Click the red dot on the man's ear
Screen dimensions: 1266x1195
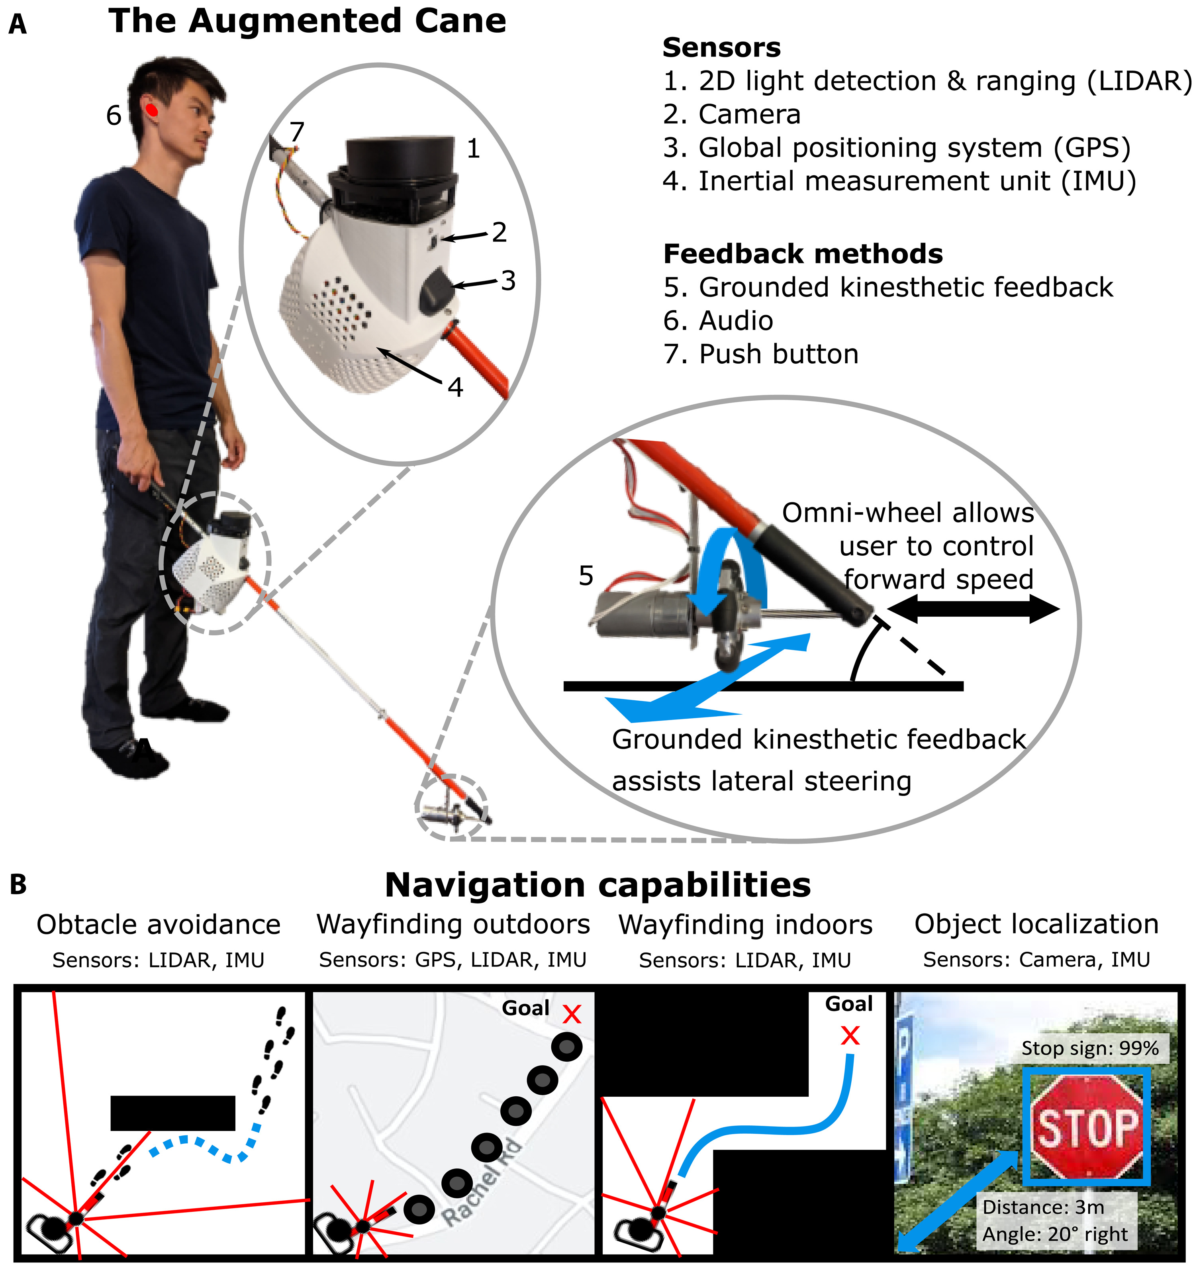pyautogui.click(x=152, y=110)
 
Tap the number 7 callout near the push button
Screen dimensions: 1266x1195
pyautogui.click(x=297, y=133)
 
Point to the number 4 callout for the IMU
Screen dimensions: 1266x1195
pyautogui.click(x=455, y=387)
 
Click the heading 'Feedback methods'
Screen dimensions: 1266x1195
pyautogui.click(x=803, y=254)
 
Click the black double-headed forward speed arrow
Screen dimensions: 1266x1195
pyautogui.click(x=973, y=610)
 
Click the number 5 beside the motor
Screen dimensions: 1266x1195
pyautogui.click(x=586, y=576)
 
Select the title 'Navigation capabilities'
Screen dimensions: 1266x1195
pyautogui.click(x=597, y=885)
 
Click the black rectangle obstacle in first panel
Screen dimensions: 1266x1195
pyautogui.click(x=172, y=1113)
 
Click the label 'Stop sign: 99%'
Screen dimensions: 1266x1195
pyautogui.click(x=1090, y=1048)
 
